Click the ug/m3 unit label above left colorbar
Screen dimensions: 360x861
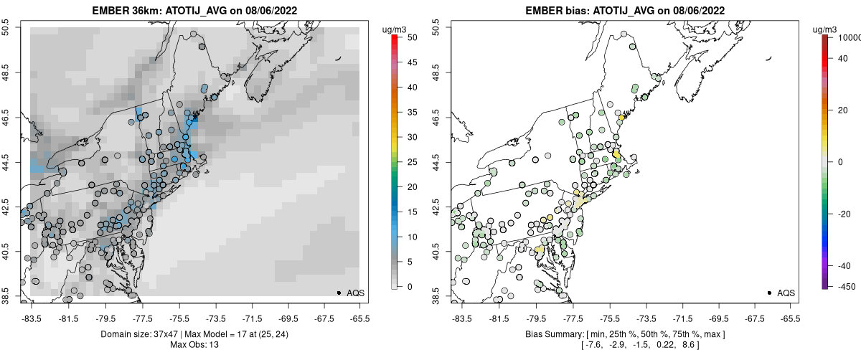395,29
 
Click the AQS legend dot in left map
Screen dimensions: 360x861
339,293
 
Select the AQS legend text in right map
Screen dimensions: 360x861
786,293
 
